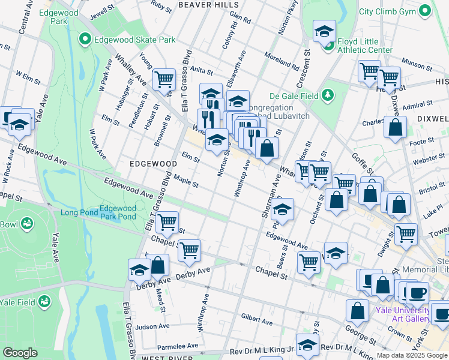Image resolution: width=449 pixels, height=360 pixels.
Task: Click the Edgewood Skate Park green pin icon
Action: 85,40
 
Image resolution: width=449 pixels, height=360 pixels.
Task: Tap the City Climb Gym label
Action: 396,11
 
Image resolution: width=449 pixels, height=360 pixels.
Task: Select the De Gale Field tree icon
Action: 328,94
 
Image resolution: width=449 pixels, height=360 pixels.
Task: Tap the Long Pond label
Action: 78,213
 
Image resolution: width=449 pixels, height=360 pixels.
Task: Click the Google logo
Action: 20,353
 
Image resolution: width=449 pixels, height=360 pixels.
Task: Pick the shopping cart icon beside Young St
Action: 164,79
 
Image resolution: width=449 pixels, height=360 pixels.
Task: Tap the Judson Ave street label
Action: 152,326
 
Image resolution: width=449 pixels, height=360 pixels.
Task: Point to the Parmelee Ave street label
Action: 178,347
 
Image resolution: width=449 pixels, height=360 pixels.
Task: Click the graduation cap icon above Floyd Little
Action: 324,30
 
